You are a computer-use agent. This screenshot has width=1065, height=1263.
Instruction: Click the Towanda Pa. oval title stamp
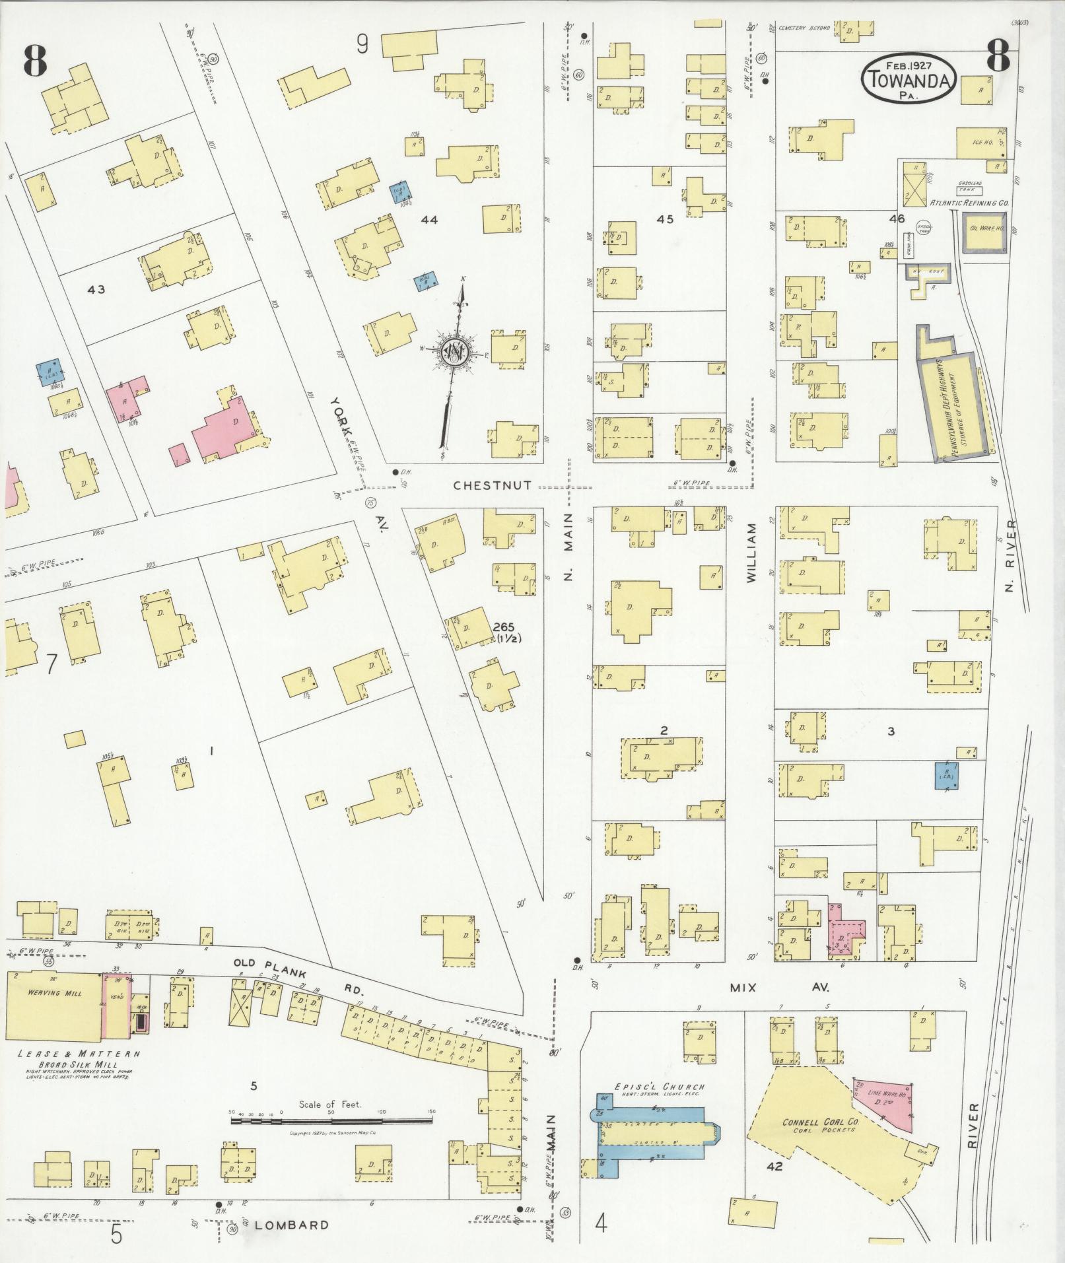908,78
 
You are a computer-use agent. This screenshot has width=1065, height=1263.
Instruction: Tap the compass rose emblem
456,353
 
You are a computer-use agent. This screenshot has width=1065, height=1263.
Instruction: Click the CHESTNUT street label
493,485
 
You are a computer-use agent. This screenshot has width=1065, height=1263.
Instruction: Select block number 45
665,219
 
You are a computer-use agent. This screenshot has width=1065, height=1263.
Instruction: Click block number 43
96,289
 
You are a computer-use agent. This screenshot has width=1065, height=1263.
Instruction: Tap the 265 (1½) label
507,632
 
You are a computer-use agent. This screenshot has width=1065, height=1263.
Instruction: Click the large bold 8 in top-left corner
35,59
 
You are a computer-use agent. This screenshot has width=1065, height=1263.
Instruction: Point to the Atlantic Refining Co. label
969,203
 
